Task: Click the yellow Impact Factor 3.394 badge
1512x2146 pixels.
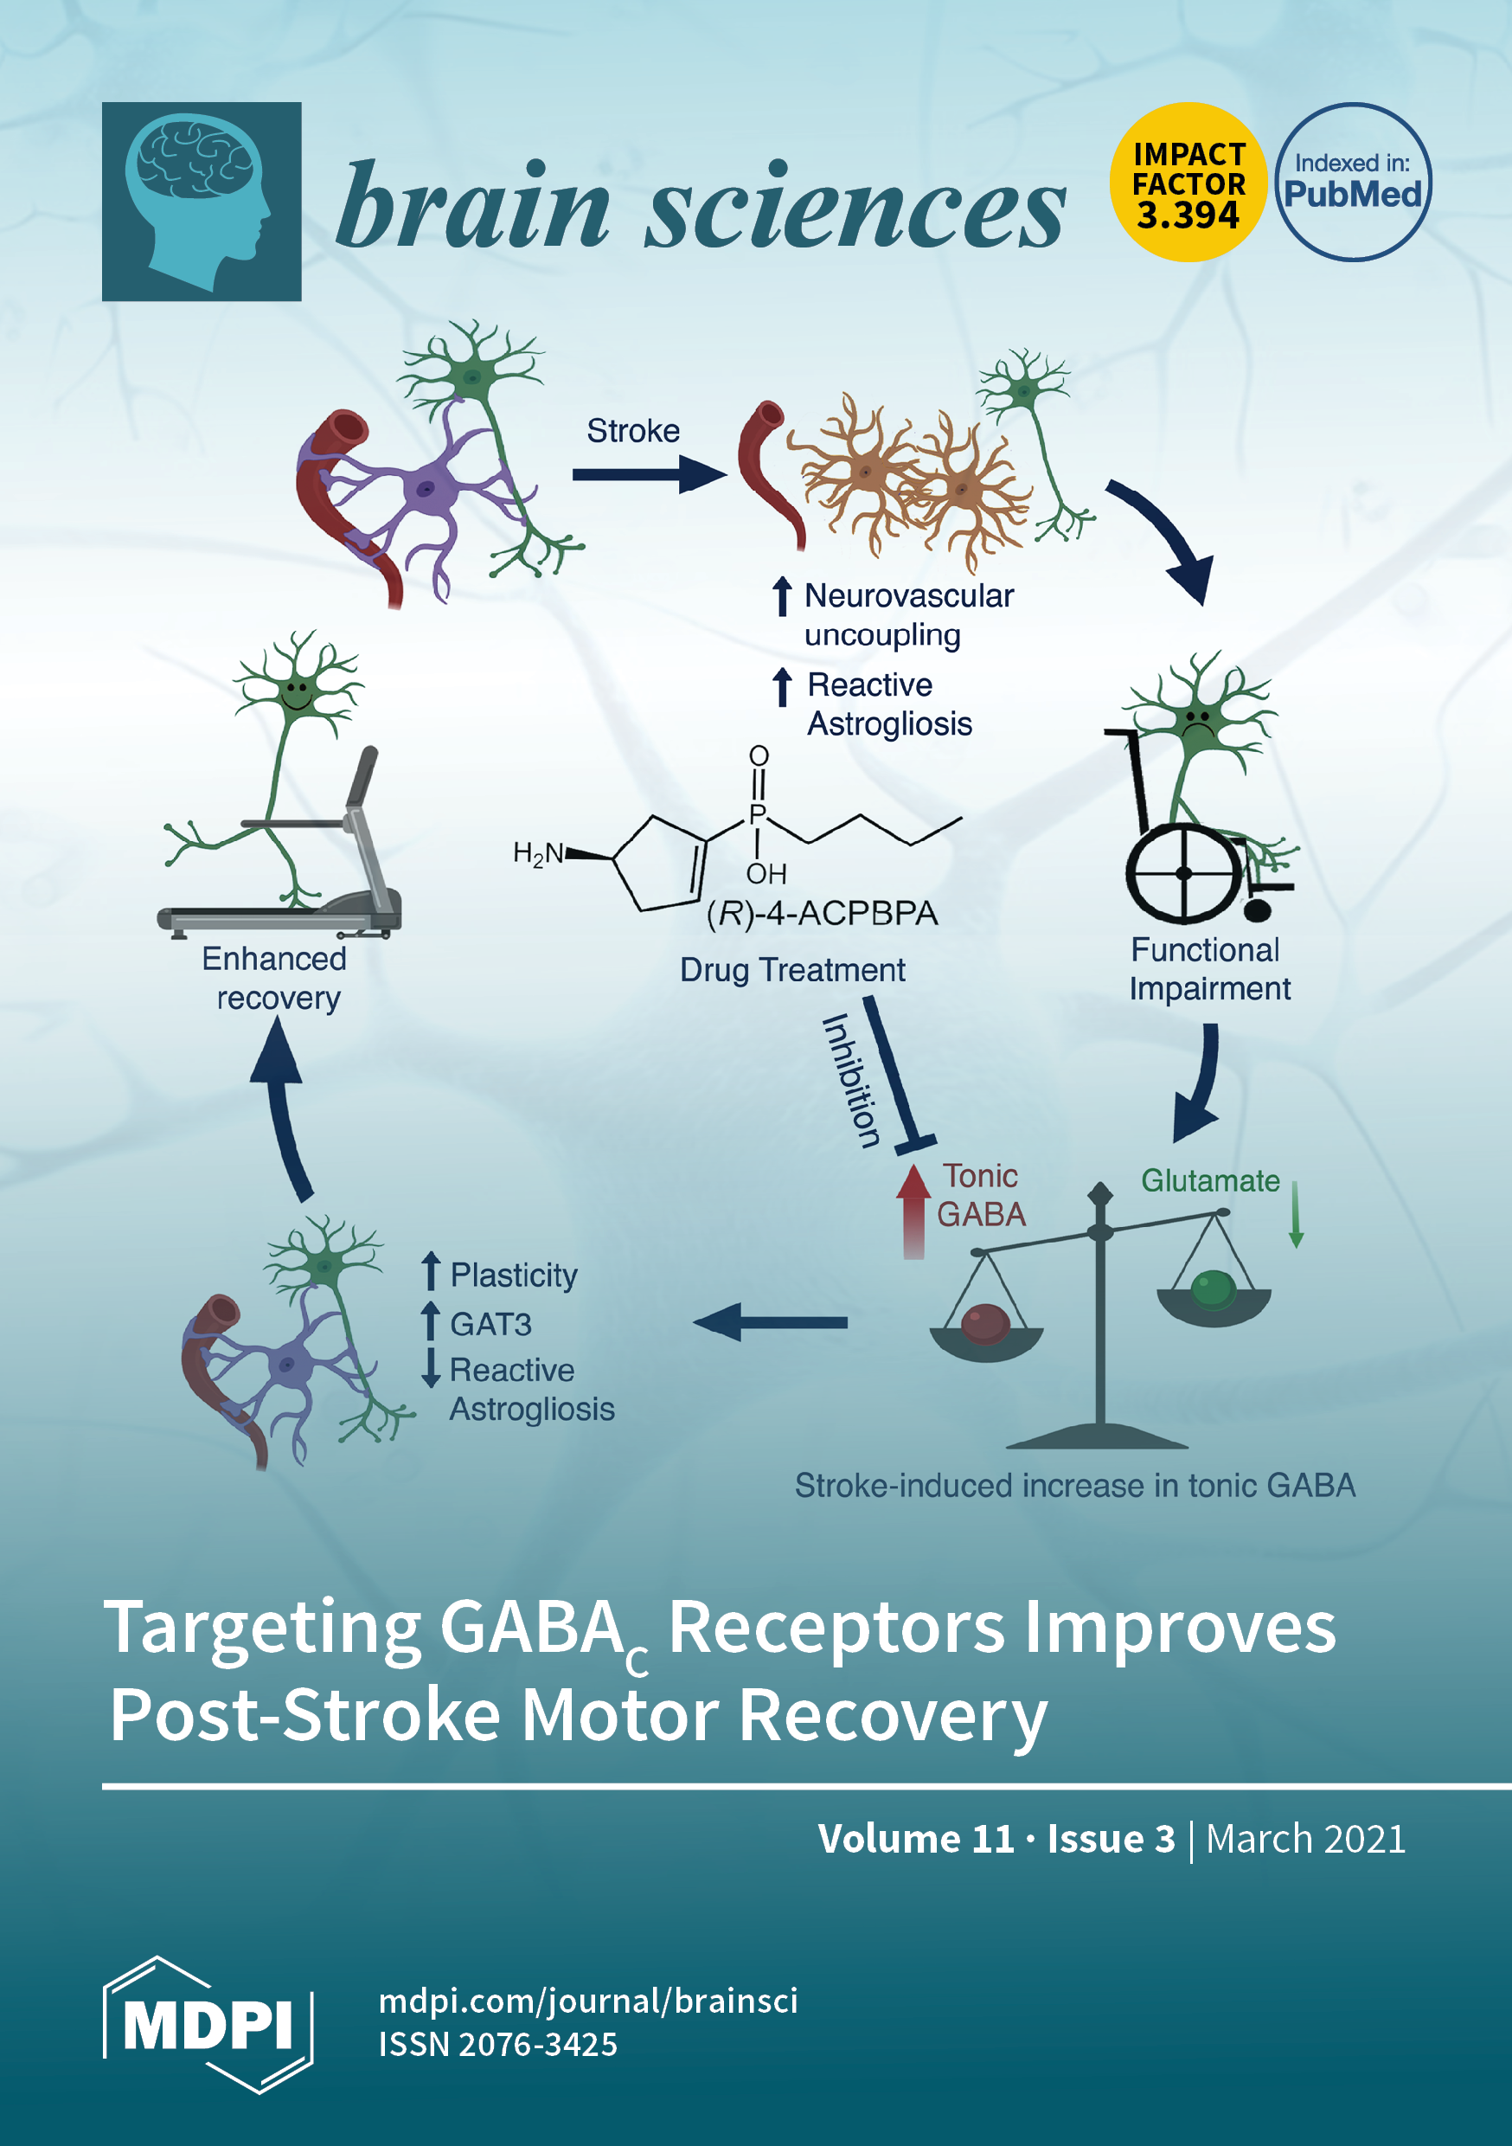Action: click(1188, 183)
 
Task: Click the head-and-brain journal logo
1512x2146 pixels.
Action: click(202, 202)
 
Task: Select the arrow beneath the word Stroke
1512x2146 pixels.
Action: click(649, 474)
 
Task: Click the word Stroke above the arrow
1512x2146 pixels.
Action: click(632, 431)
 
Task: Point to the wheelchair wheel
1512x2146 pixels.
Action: click(1184, 873)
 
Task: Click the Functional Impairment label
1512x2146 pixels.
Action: click(1208, 969)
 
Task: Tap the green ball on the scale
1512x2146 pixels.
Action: click(1213, 1289)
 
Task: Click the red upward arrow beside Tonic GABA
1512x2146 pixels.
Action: click(913, 1210)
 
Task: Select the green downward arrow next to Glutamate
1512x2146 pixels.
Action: click(1296, 1214)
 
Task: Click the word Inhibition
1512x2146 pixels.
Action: click(850, 1081)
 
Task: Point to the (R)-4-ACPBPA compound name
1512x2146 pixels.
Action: click(822, 913)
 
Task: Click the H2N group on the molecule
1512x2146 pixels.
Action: click(539, 853)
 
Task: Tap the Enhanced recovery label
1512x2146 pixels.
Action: click(276, 979)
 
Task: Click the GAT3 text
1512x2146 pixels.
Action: click(490, 1325)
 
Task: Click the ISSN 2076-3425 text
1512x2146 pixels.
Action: click(497, 2044)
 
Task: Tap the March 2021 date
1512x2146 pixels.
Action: click(1304, 1839)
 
